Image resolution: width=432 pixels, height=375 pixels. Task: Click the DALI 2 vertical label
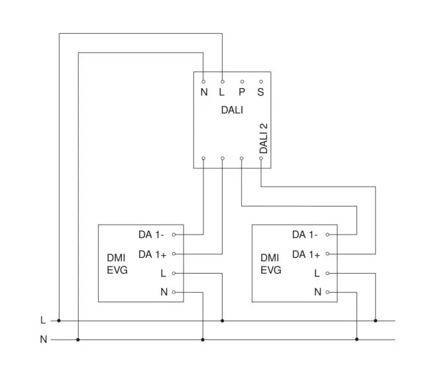(263, 138)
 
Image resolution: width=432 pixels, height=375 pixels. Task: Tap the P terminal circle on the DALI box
(242, 81)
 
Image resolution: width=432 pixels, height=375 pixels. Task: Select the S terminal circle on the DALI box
(261, 81)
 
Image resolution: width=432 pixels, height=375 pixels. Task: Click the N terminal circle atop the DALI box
(203, 81)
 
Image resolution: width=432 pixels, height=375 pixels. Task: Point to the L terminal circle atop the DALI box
(222, 81)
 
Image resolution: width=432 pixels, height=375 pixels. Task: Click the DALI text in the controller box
(232, 109)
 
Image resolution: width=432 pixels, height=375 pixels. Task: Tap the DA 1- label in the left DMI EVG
(151, 235)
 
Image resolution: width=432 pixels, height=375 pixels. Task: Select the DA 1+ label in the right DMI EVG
(305, 254)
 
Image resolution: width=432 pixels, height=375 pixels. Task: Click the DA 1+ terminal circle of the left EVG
(174, 254)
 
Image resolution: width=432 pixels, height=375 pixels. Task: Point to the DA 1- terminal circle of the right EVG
(327, 235)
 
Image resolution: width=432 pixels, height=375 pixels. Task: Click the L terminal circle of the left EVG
(174, 273)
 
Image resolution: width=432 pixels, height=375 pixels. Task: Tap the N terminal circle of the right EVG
(327, 292)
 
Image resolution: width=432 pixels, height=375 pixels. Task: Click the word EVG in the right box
(270, 270)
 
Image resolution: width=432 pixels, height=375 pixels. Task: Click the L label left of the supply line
(43, 321)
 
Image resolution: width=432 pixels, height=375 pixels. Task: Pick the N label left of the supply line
(43, 340)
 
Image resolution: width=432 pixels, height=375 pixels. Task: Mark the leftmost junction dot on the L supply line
(59, 321)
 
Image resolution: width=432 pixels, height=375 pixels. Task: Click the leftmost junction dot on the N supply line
(78, 340)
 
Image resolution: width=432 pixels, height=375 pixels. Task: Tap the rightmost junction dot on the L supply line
(376, 321)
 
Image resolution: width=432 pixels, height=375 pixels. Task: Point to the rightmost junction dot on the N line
(356, 340)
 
